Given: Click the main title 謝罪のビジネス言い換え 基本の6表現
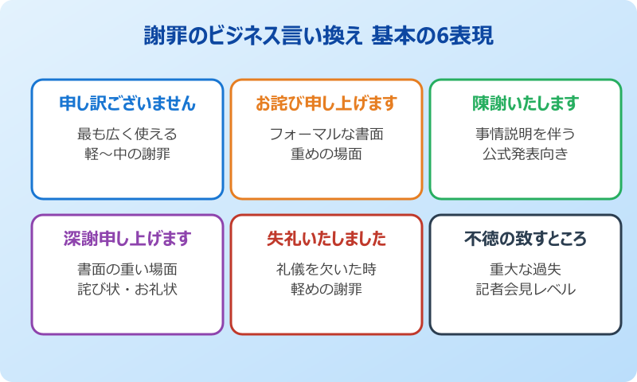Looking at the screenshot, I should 318,36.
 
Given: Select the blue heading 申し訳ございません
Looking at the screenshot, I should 127,103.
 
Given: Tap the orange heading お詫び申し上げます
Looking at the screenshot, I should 326,103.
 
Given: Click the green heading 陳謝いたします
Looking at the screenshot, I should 526,103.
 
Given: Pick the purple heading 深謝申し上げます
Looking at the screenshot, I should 127,239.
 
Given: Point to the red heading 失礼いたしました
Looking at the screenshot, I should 326,239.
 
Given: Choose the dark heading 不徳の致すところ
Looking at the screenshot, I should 526,239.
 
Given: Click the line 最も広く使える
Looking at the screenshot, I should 127,134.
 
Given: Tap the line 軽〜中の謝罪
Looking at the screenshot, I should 127,154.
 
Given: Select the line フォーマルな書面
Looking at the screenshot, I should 326,134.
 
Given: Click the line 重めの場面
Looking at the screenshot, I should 326,154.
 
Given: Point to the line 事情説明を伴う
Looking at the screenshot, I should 526,134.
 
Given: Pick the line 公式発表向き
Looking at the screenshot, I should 526,154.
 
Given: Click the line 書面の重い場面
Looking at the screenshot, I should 127,269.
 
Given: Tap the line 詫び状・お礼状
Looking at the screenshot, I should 127,289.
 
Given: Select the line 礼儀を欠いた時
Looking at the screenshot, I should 326,269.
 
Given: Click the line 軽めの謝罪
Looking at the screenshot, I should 326,289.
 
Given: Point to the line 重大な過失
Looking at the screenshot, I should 526,269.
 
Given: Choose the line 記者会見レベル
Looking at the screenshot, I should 526,289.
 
